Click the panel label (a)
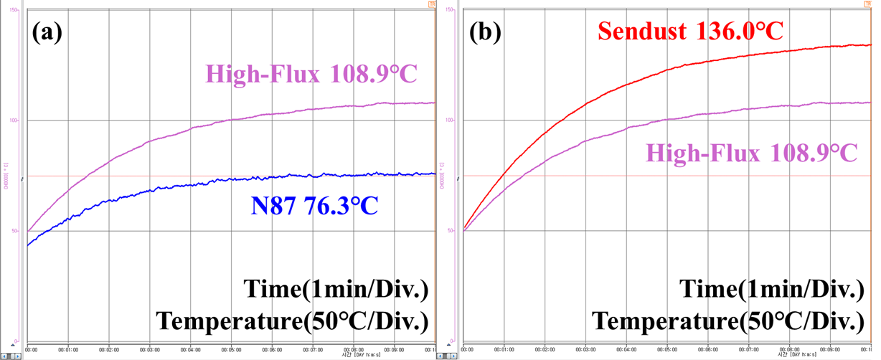pos(48,33)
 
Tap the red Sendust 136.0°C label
pos(689,31)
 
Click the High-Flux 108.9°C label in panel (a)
pos(311,73)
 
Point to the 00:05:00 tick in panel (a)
pos(232,350)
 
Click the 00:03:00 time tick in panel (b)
pos(588,350)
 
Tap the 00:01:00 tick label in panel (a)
pos(68,350)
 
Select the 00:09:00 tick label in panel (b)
pos(832,350)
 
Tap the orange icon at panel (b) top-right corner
pos(868,4)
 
